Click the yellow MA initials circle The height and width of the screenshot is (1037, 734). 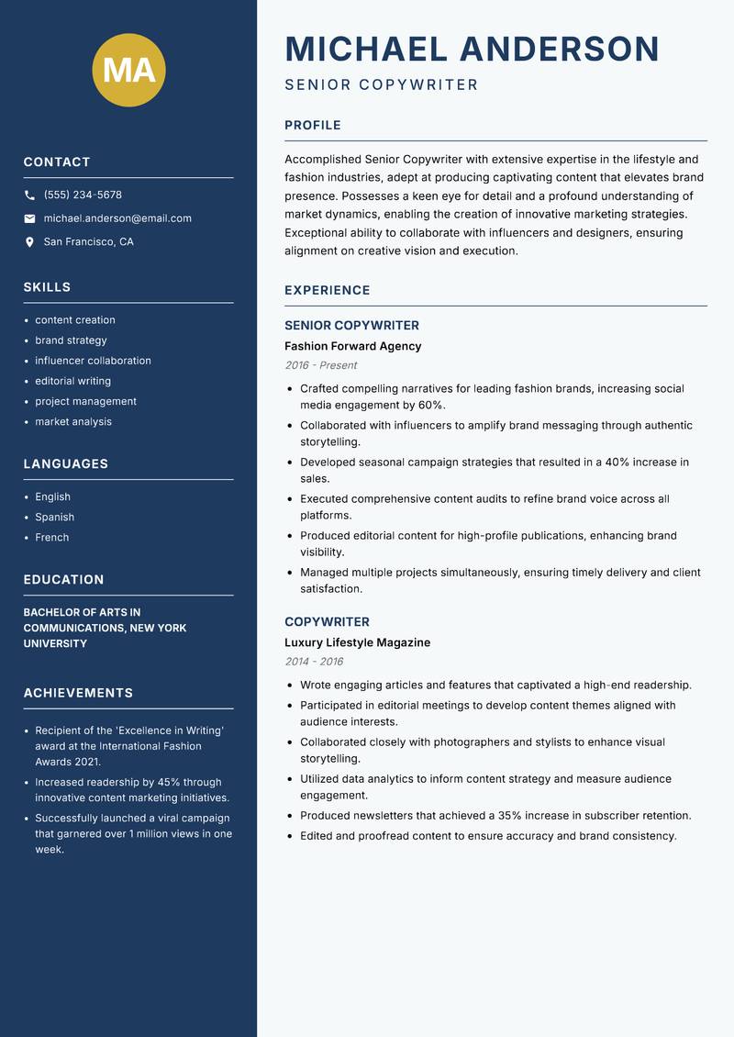click(129, 70)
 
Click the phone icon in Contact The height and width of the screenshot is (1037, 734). click(29, 195)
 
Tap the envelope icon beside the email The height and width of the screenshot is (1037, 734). click(29, 218)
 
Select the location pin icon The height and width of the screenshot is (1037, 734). click(29, 242)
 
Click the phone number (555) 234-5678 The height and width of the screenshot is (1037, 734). click(83, 195)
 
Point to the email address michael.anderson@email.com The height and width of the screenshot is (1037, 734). click(117, 218)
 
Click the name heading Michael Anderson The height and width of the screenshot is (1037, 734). click(473, 49)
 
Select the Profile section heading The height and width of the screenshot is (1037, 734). click(313, 126)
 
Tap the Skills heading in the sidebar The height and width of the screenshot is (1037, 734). click(47, 287)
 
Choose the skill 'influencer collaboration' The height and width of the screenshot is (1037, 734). click(93, 361)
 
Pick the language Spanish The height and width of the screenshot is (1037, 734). click(54, 517)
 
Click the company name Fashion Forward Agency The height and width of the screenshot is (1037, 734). click(352, 346)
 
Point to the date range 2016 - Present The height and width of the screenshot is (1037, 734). click(320, 365)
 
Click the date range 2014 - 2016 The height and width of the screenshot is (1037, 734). click(314, 662)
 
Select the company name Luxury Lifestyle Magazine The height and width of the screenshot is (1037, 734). click(357, 642)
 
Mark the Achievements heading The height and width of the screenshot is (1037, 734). click(78, 693)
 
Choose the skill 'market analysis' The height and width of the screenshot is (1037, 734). click(73, 421)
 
